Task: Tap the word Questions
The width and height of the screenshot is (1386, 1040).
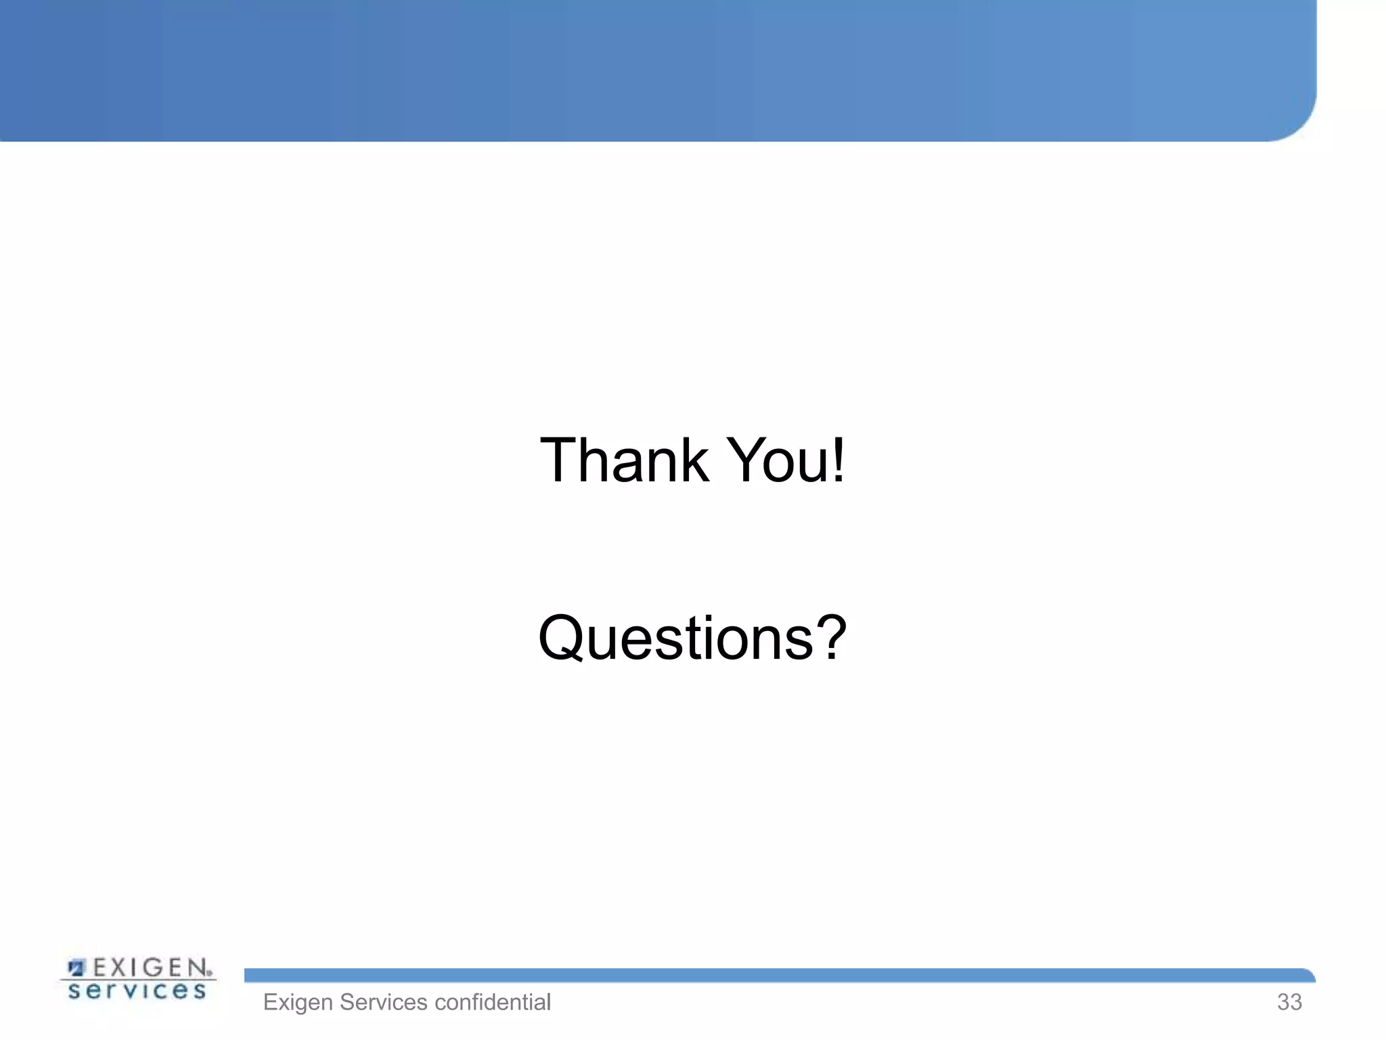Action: click(x=677, y=638)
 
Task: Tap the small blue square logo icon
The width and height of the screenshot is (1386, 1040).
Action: click(x=76, y=968)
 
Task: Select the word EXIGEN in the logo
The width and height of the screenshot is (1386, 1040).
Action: click(x=150, y=968)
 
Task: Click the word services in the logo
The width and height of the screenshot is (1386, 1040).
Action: click(x=137, y=991)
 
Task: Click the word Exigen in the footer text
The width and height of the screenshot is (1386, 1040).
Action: click(x=298, y=1003)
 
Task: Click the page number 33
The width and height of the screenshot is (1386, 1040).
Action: click(x=1289, y=1002)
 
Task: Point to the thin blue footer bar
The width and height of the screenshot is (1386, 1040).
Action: click(x=778, y=976)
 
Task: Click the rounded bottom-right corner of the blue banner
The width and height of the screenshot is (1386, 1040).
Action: click(x=1299, y=125)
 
